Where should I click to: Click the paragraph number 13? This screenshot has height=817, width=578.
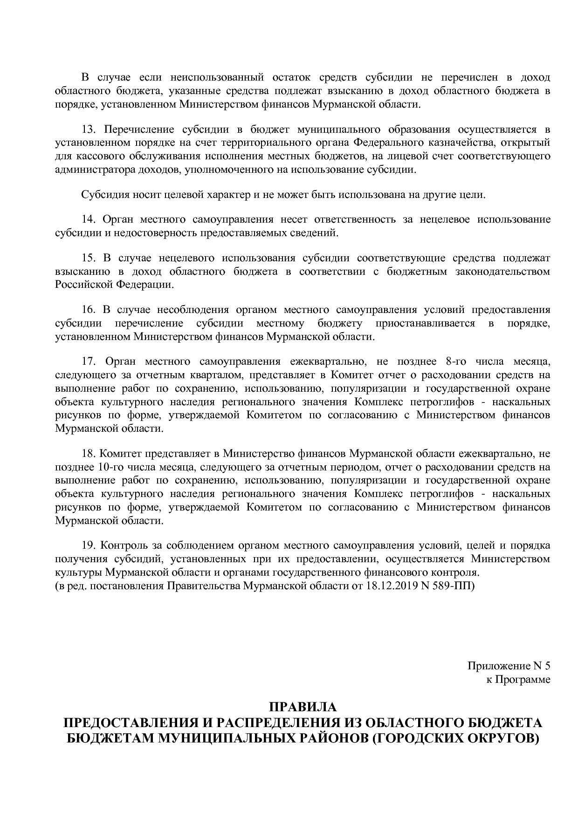(89, 129)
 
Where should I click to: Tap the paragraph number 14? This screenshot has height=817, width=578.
(89, 219)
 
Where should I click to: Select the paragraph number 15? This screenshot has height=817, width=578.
(89, 258)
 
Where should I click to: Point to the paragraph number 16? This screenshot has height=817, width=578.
(89, 310)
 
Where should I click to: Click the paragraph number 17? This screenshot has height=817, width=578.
(89, 361)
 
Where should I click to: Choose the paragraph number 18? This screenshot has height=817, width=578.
(89, 453)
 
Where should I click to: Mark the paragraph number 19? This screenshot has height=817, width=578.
(89, 545)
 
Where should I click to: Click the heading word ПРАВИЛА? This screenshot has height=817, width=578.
(303, 707)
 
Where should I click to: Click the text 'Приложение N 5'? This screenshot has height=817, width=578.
(509, 666)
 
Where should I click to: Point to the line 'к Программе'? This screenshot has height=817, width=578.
(518, 680)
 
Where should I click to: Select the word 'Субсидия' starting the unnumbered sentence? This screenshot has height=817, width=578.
(101, 195)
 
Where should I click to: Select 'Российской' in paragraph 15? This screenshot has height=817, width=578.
(83, 284)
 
